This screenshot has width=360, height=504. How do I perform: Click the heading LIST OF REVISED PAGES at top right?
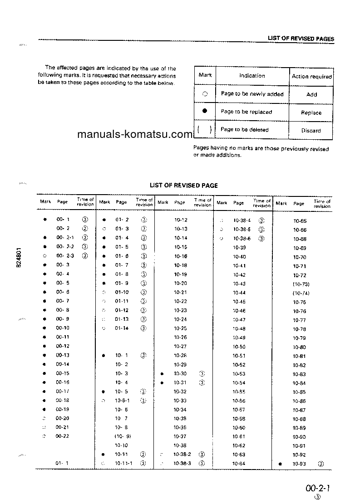click(x=301, y=39)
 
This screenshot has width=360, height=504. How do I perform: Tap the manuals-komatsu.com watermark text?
click(x=135, y=134)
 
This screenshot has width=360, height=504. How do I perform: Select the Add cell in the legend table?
click(x=311, y=95)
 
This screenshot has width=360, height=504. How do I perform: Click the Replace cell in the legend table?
click(x=311, y=113)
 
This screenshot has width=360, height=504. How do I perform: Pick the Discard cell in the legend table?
click(x=311, y=131)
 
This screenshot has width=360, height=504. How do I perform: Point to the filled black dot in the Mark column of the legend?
click(x=205, y=111)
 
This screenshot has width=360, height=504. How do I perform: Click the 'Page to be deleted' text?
click(x=244, y=130)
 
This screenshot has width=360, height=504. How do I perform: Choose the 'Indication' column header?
click(x=252, y=76)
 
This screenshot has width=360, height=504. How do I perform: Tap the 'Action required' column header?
click(x=311, y=77)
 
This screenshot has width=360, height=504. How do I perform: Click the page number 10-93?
click(x=299, y=464)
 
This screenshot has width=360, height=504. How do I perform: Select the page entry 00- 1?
click(x=63, y=219)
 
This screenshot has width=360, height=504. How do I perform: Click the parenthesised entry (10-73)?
click(x=301, y=284)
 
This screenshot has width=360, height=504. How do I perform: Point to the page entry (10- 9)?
click(x=123, y=436)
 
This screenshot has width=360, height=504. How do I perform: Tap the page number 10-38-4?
click(x=242, y=220)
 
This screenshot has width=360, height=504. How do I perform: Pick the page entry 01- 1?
click(x=62, y=463)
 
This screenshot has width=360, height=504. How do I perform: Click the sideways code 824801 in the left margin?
click(x=19, y=258)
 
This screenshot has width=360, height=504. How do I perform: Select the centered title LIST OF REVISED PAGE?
click(x=184, y=185)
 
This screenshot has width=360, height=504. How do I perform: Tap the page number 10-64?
click(x=239, y=464)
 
